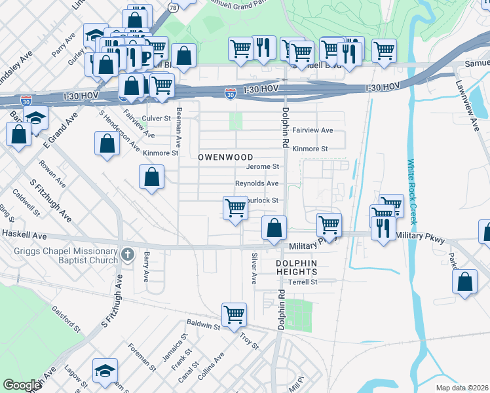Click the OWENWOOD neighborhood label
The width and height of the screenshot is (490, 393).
click(225, 158)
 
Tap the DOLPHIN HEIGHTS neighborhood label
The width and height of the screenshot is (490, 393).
click(296, 267)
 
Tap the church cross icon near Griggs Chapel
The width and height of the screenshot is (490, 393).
click(128, 253)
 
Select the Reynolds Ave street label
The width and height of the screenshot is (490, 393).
click(257, 183)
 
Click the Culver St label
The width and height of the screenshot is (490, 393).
click(157, 119)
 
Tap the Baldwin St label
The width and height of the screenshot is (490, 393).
click(202, 324)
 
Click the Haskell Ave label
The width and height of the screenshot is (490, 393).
click(24, 234)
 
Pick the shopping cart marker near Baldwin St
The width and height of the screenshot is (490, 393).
click(234, 314)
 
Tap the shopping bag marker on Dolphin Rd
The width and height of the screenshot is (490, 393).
click(274, 228)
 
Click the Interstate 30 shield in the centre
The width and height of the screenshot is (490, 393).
click(230, 94)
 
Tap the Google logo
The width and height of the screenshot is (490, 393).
click(22, 385)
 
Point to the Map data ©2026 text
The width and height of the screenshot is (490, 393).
click(462, 388)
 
